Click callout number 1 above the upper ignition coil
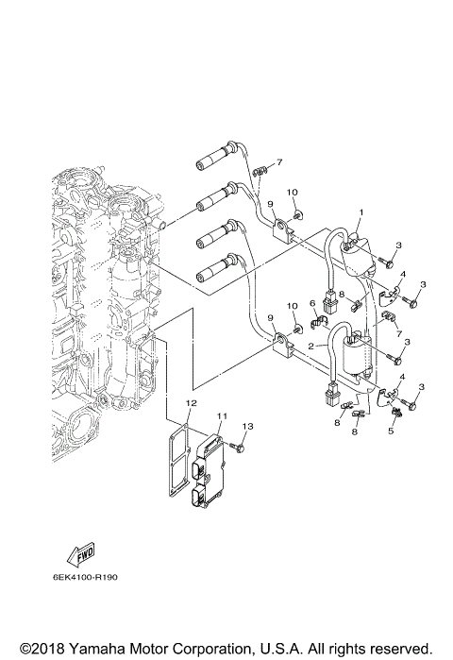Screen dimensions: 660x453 361,213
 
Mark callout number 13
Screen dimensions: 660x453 248,428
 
